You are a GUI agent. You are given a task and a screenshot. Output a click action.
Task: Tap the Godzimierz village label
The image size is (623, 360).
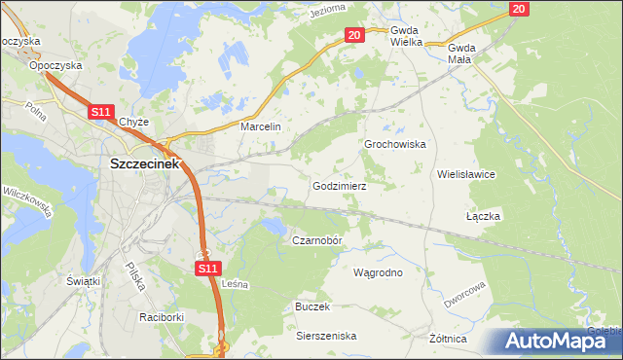point(338,185)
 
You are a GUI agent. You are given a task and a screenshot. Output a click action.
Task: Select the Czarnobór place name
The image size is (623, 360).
point(318,239)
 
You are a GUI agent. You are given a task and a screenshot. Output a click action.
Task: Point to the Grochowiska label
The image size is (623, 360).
point(395,144)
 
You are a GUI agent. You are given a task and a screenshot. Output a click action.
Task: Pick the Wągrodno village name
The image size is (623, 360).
point(378,272)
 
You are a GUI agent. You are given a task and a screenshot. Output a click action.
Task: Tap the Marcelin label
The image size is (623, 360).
point(260,127)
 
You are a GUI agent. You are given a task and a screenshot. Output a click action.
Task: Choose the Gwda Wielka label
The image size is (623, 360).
point(406,37)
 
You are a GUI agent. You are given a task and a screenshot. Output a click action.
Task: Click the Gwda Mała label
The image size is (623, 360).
point(462,53)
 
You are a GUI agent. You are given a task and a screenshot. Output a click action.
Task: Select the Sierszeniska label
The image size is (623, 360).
point(326,336)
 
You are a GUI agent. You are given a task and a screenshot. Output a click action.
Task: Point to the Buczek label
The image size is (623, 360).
point(312,306)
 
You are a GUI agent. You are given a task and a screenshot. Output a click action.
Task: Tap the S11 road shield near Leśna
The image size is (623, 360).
point(208,268)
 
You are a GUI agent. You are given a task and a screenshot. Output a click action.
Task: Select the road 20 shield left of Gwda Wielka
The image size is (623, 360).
point(353,35)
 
